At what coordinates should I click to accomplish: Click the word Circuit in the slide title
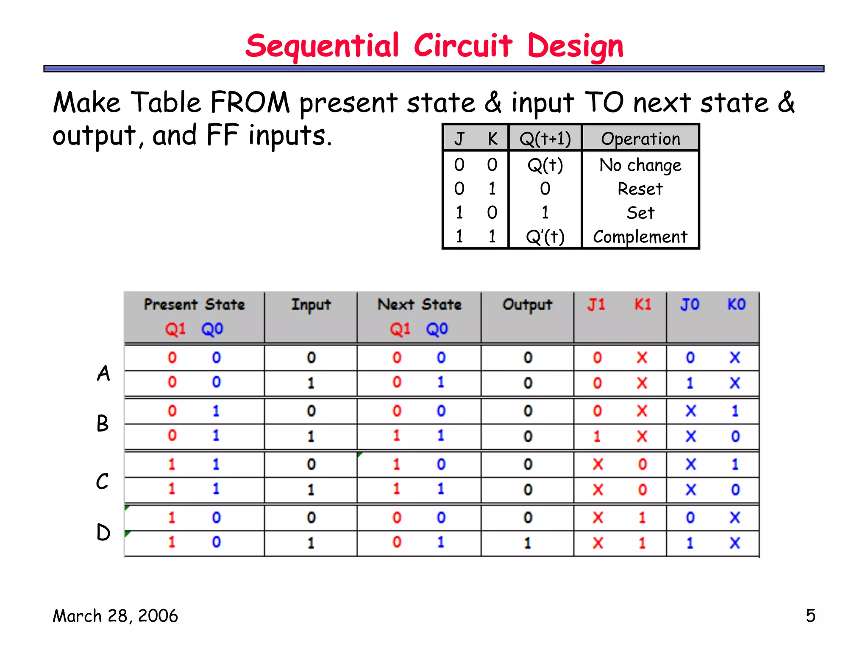(x=463, y=46)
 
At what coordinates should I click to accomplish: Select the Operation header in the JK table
(x=640, y=139)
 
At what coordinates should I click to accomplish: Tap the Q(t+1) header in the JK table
(x=545, y=139)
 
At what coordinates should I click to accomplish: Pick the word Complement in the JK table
(x=640, y=236)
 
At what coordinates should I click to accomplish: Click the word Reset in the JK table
(x=640, y=189)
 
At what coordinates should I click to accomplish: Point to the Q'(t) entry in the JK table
(x=545, y=236)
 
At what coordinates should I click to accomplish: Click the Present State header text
(x=194, y=304)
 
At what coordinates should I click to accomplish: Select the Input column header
(x=311, y=305)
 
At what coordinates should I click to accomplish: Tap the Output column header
(x=527, y=305)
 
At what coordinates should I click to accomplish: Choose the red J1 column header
(x=596, y=304)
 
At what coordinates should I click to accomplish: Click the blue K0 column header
(x=736, y=304)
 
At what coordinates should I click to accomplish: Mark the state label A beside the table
(x=103, y=373)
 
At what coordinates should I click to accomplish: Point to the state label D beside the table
(x=103, y=532)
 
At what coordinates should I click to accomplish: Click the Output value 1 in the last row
(x=528, y=543)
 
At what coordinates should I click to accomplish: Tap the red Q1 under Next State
(x=400, y=329)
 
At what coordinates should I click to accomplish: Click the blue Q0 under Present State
(x=212, y=329)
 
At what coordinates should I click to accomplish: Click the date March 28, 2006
(x=115, y=616)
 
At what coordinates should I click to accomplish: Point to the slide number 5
(x=810, y=616)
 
